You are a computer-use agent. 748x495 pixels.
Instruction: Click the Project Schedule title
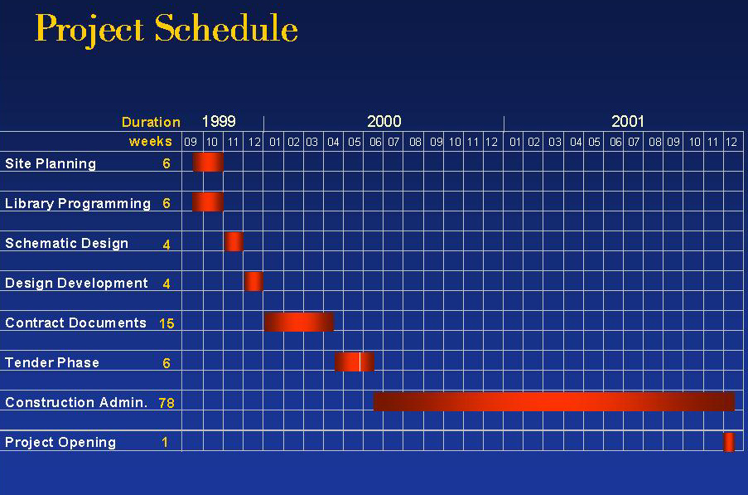(x=166, y=30)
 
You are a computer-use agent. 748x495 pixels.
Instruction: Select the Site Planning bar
(x=208, y=163)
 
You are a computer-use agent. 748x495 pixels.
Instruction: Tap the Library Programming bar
(x=208, y=202)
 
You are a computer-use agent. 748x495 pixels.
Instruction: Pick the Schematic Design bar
(x=234, y=241)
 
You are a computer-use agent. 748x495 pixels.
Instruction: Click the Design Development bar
(x=253, y=282)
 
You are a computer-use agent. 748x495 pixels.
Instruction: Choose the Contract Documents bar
(x=299, y=322)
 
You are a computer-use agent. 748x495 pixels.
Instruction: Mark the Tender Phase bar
(x=355, y=362)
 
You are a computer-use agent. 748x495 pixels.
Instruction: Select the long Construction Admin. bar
(x=554, y=401)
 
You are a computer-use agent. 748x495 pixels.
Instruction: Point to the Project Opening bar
(x=729, y=442)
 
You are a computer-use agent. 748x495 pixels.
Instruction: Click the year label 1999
(x=219, y=121)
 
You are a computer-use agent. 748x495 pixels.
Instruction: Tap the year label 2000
(x=384, y=121)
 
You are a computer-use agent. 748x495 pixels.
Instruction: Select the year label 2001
(x=628, y=121)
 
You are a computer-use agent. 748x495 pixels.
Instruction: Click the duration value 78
(x=166, y=403)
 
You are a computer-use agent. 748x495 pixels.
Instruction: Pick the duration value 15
(x=166, y=323)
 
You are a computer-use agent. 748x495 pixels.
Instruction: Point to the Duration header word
(x=151, y=122)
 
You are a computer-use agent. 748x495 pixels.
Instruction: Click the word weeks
(x=150, y=141)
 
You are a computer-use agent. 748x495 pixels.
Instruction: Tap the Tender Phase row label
(x=52, y=363)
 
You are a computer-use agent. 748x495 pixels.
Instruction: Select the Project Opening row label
(x=60, y=443)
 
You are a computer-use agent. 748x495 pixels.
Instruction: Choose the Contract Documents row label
(x=75, y=323)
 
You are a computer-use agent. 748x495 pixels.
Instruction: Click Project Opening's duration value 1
(x=165, y=443)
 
